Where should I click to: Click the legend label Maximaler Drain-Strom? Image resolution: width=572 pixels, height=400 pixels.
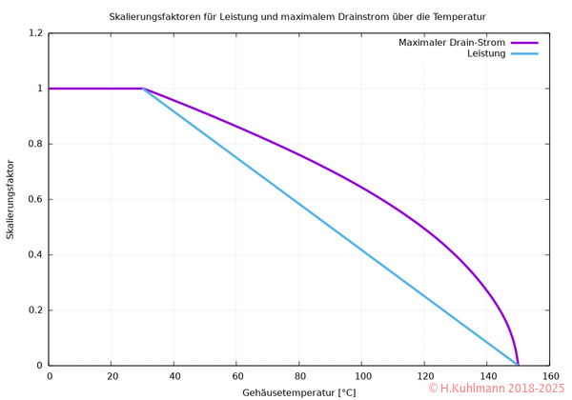click(452, 42)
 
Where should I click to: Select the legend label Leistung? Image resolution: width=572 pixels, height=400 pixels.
click(486, 53)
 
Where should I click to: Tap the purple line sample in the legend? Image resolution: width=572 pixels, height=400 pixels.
click(525, 42)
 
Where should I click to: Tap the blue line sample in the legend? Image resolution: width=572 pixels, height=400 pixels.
click(525, 53)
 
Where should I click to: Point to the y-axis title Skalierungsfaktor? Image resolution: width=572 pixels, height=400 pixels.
click(10, 199)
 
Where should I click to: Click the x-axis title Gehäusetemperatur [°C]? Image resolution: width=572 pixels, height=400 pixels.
click(298, 391)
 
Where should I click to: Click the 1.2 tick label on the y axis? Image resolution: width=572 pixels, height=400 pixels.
click(35, 33)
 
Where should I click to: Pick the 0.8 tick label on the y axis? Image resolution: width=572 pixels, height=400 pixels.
click(35, 144)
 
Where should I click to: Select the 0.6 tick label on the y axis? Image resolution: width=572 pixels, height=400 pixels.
click(35, 199)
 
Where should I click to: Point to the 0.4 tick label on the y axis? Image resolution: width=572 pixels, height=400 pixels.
click(35, 254)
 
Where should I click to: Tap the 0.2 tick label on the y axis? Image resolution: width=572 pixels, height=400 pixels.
click(35, 310)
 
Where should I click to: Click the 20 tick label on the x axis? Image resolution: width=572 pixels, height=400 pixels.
click(112, 376)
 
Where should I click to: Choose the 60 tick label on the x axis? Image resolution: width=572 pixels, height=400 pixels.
click(236, 376)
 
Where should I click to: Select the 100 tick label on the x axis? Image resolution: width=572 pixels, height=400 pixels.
click(361, 376)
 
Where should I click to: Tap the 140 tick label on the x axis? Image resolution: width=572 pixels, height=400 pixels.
click(486, 376)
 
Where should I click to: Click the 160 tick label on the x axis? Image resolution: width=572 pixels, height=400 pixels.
click(549, 376)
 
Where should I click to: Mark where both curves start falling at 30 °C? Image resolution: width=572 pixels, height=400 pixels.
click(143, 89)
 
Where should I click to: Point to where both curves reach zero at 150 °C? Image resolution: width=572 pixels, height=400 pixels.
click(518, 365)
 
